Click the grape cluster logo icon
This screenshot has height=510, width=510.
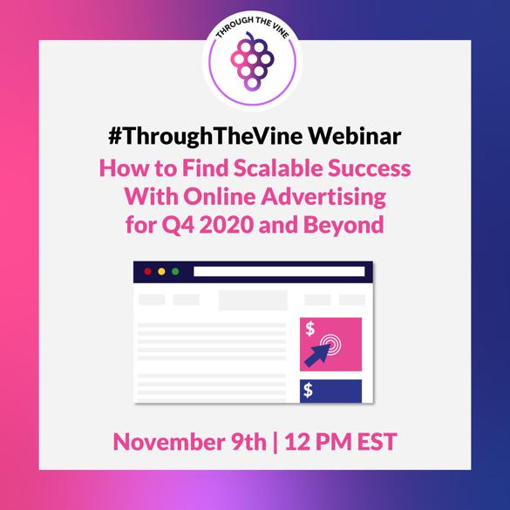tap(252, 62)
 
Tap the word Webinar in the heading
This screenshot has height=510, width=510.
tap(355, 136)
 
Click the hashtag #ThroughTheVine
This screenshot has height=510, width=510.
tap(206, 137)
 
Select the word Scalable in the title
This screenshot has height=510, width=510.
tap(277, 168)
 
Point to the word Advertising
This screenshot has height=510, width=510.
tap(323, 197)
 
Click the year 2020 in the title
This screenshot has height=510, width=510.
tap(226, 225)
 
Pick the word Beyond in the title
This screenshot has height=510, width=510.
tap(343, 226)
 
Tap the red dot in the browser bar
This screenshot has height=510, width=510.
tap(147, 272)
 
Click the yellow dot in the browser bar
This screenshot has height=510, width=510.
tap(161, 272)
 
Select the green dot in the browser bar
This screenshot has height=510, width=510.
tap(175, 272)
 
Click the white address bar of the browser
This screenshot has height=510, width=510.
tap(279, 272)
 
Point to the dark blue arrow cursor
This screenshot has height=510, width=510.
tap(317, 355)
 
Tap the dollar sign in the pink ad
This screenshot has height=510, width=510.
tap(310, 329)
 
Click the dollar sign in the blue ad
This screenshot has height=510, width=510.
tap(308, 391)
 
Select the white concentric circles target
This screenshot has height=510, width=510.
tap(330, 344)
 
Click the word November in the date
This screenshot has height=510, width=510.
tap(169, 442)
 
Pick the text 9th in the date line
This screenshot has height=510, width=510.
tap(248, 442)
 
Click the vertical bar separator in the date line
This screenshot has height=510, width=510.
tap(275, 442)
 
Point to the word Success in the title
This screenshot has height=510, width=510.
tap(369, 168)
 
